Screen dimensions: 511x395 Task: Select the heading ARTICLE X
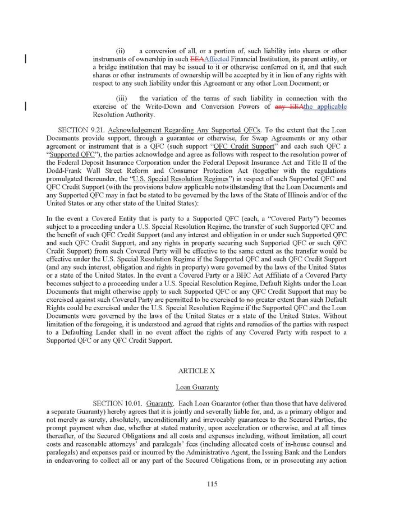197,371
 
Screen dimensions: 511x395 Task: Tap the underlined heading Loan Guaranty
197,387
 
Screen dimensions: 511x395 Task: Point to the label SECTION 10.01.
117,403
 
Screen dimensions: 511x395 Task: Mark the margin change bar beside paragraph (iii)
25,107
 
